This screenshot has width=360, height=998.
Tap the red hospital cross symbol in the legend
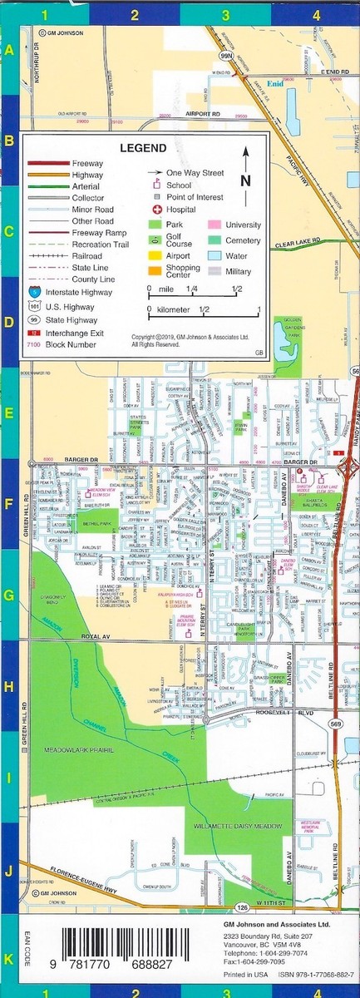[155, 210]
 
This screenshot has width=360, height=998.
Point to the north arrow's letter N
[244, 180]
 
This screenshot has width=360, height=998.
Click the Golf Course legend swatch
[155, 240]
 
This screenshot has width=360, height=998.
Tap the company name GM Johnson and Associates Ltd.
[277, 924]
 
